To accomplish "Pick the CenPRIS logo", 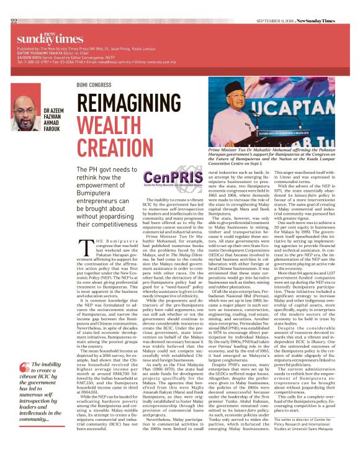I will pos(165,186).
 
